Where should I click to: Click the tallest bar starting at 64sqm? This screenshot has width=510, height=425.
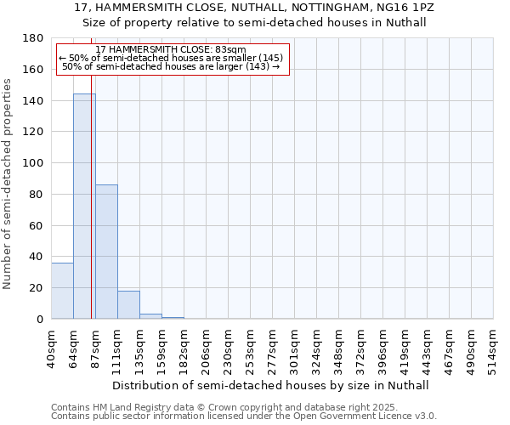click(x=84, y=207)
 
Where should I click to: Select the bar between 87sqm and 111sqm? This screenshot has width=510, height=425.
click(x=106, y=252)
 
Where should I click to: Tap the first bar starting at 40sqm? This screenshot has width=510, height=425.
click(x=62, y=291)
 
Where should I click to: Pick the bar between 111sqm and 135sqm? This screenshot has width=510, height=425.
click(x=128, y=304)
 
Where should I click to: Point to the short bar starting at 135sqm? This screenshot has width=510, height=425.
click(x=150, y=316)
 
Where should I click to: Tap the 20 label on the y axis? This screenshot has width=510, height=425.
click(x=37, y=288)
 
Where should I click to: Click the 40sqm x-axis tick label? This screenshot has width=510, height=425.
click(x=51, y=345)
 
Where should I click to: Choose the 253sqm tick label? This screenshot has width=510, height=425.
click(x=250, y=345)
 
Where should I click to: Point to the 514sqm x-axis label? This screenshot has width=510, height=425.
click(x=493, y=345)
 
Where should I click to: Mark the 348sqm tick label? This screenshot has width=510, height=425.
click(x=338, y=345)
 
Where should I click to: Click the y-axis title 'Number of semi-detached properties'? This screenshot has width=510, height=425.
click(x=8, y=184)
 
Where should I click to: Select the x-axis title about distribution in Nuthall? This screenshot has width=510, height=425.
click(x=271, y=385)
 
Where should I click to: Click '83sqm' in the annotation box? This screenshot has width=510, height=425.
click(x=229, y=50)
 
